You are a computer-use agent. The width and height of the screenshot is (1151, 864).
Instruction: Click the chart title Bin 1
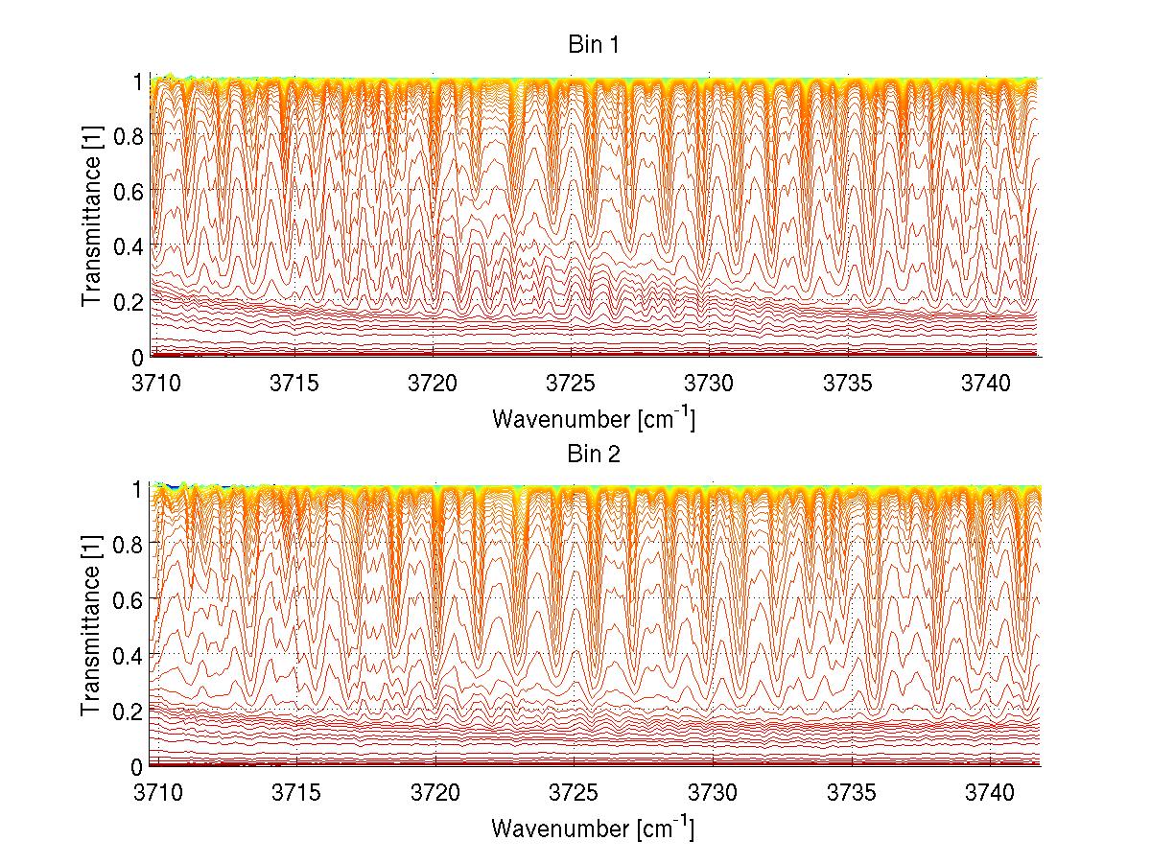[x=592, y=45]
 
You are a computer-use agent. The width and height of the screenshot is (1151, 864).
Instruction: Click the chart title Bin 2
[x=592, y=455]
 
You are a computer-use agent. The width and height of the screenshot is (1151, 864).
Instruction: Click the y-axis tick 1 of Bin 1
[x=137, y=81]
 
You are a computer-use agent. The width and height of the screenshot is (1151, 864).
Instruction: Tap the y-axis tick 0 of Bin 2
[x=137, y=766]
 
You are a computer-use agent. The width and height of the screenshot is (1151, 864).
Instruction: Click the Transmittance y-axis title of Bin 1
[x=92, y=218]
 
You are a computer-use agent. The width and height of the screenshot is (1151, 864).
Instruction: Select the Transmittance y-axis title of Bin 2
[x=92, y=627]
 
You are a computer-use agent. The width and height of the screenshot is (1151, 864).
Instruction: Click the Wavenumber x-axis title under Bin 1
[x=592, y=419]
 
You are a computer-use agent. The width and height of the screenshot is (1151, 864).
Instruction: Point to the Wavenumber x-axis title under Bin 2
[x=592, y=829]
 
